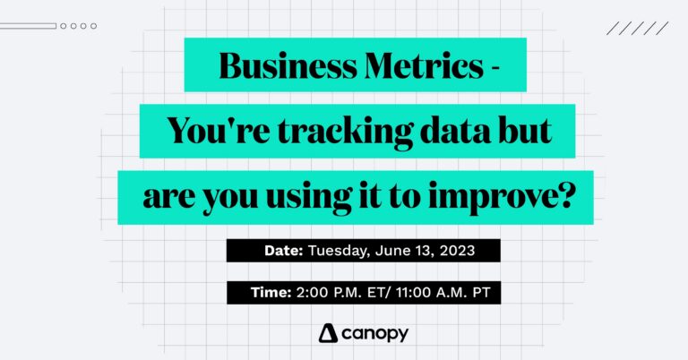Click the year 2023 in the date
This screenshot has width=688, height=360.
457,251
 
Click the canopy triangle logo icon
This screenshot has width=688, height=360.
328,334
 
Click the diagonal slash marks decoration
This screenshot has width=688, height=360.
637,28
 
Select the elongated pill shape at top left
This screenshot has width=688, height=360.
29,26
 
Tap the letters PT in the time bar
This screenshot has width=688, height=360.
463,293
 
